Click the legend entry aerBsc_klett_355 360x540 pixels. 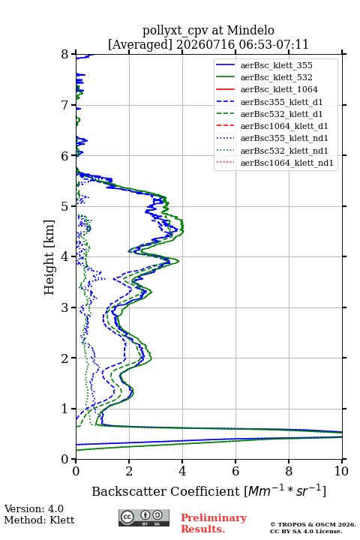(x=276, y=65)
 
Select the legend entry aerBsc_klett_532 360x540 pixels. (x=276, y=77)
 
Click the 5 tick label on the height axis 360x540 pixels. (x=65, y=207)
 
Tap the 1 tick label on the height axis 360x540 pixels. (x=65, y=409)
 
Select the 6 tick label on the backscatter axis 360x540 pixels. (x=235, y=471)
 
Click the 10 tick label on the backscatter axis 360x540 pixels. (x=341, y=471)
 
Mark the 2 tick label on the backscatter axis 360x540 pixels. (x=129, y=471)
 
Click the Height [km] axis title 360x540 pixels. (x=49, y=257)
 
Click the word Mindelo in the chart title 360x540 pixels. (x=250, y=31)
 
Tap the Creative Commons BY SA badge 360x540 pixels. (x=144, y=517)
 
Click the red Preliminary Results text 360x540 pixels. (x=214, y=523)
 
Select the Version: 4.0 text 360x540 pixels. (x=34, y=508)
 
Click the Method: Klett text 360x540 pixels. (x=39, y=520)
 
